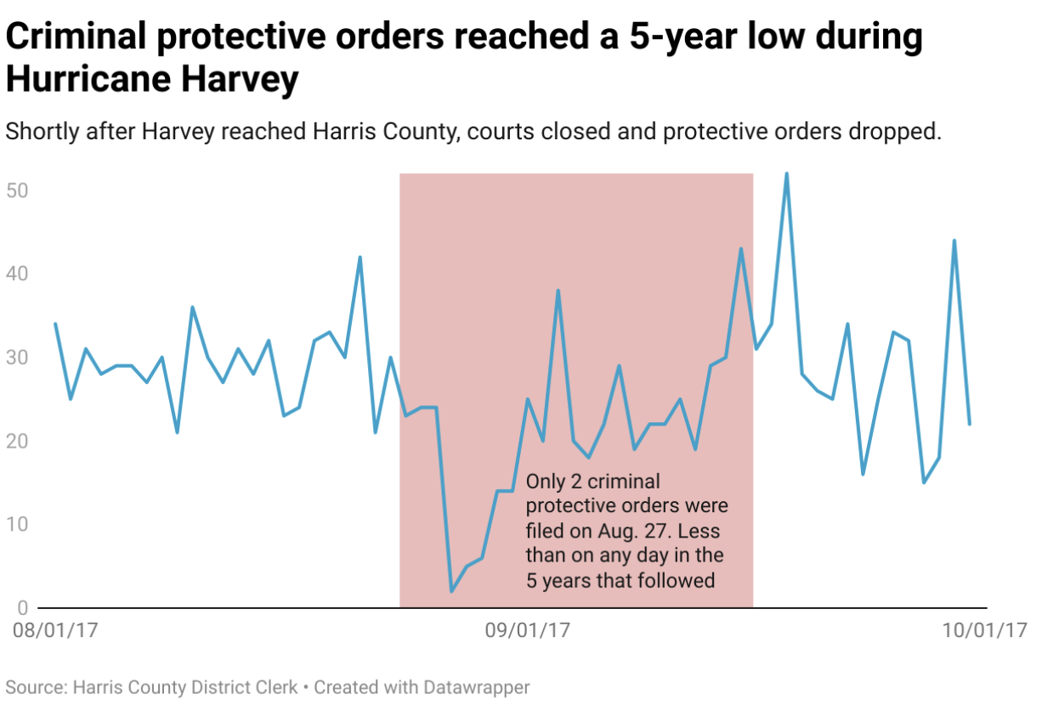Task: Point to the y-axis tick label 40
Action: coord(18,274)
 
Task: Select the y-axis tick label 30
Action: coord(18,357)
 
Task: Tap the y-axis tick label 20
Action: coord(18,441)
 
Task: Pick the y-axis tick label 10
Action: coord(18,524)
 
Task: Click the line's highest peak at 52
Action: coord(786,173)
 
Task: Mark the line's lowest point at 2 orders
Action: coord(451,591)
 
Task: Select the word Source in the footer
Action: coord(35,687)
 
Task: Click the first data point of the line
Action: coord(55,324)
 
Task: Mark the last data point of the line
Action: coord(969,424)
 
